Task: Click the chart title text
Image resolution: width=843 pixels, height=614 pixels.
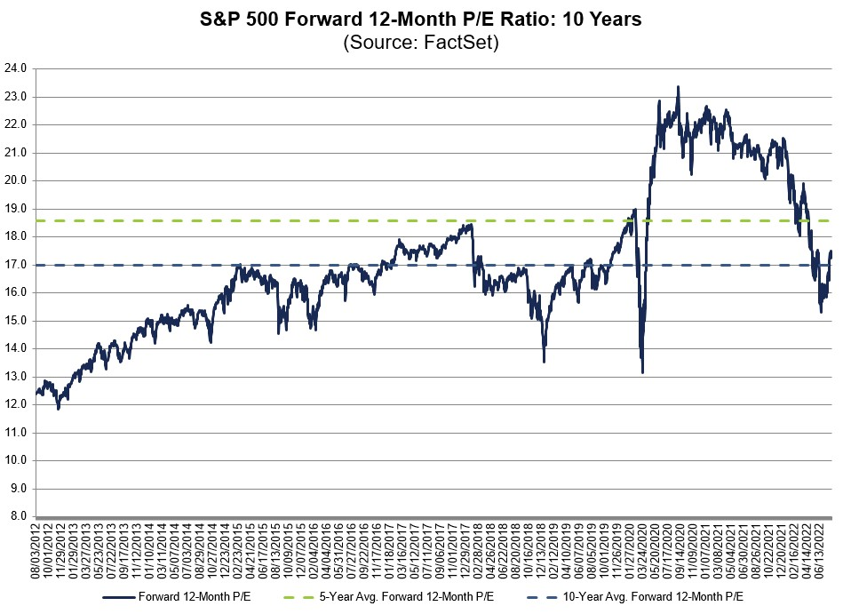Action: (421, 20)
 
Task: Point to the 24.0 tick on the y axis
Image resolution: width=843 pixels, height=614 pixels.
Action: (17, 68)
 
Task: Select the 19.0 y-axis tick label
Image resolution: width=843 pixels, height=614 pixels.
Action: (17, 209)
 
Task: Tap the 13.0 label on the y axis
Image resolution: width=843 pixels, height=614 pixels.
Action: (17, 377)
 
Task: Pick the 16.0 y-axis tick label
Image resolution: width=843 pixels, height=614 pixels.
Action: (17, 292)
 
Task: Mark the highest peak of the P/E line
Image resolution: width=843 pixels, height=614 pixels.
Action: (678, 87)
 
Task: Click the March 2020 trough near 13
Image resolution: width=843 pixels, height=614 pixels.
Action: (642, 372)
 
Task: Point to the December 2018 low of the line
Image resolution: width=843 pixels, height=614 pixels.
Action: (544, 361)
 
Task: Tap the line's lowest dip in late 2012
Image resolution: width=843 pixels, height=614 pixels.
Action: (58, 408)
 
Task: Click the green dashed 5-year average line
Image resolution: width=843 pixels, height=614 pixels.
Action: (266, 220)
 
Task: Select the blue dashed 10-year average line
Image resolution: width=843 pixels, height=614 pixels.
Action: (178, 265)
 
